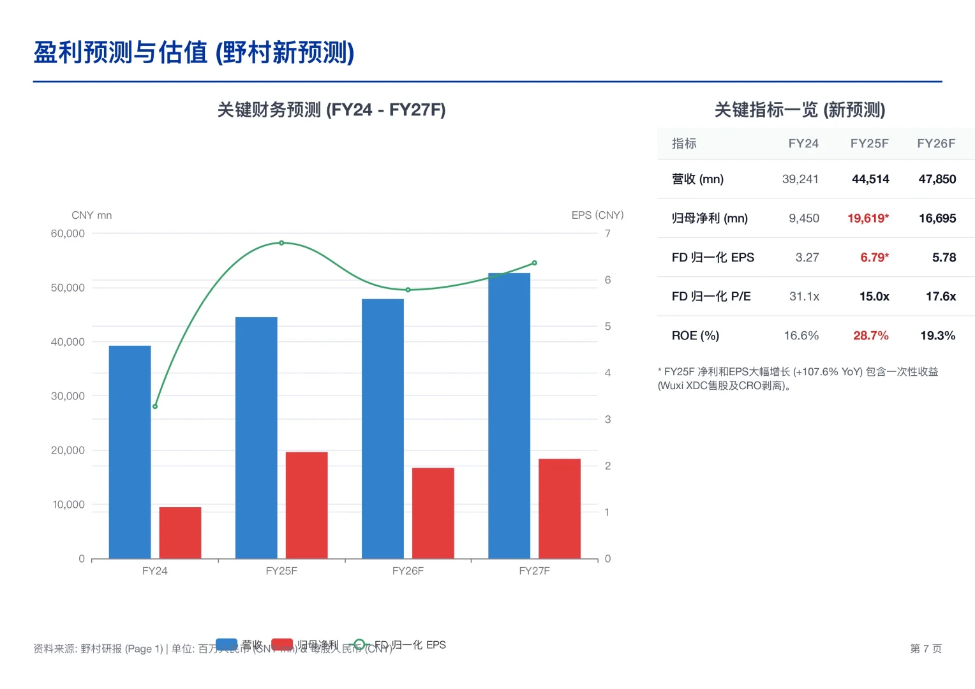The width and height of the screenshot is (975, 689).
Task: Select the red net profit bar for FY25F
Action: [x=306, y=505]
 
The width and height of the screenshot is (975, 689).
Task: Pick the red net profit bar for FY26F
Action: [x=433, y=513]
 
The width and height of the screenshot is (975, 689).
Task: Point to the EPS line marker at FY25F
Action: [x=281, y=243]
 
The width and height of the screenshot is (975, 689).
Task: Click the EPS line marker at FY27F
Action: [x=534, y=263]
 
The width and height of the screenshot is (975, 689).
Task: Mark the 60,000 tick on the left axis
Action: [x=68, y=233]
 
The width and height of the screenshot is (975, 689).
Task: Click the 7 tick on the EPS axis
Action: [x=607, y=233]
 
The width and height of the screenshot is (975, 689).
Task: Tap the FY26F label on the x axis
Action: [x=408, y=571]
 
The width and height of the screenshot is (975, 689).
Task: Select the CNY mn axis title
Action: [x=91, y=215]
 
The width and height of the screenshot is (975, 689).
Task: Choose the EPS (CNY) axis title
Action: [x=597, y=215]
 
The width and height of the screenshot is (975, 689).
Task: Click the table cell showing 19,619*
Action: [x=868, y=218]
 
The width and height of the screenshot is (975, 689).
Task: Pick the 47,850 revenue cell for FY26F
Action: [x=937, y=179]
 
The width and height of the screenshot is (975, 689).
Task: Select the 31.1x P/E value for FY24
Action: [x=804, y=297]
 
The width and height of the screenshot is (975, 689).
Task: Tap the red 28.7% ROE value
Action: [x=870, y=336]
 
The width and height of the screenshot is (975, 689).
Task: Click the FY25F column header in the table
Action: [x=869, y=144]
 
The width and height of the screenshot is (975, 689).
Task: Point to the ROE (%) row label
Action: [x=695, y=336]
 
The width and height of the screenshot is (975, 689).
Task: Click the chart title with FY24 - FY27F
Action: [x=331, y=110]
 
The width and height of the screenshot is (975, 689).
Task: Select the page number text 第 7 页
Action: [x=925, y=649]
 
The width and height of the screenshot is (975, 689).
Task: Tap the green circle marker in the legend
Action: [x=359, y=644]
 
